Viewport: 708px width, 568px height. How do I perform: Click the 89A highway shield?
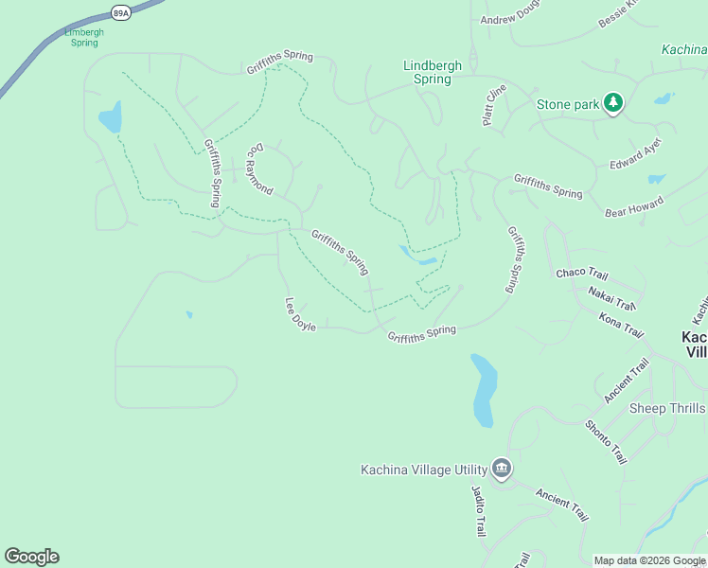coord(120,12)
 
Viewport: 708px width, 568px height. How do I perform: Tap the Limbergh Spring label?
coord(84,37)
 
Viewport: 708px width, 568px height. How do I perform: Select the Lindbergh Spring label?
coord(433,72)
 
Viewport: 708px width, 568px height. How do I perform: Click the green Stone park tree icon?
coord(613,103)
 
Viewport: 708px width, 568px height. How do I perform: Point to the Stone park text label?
coord(568,104)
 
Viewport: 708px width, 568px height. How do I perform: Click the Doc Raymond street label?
coord(259,169)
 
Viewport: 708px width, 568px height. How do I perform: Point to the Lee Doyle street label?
coord(300,314)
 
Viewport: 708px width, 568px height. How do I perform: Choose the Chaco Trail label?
coord(582,274)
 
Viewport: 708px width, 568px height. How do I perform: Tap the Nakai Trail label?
coord(611,298)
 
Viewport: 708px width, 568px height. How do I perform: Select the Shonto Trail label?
coord(606,442)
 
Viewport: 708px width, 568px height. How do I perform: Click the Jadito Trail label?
coord(479,510)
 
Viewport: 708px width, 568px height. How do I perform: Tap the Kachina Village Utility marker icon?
coord(502,469)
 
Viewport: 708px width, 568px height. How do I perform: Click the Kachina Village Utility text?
coord(423,470)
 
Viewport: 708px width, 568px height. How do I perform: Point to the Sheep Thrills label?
coord(667,408)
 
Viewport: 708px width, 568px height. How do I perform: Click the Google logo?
coord(31,557)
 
